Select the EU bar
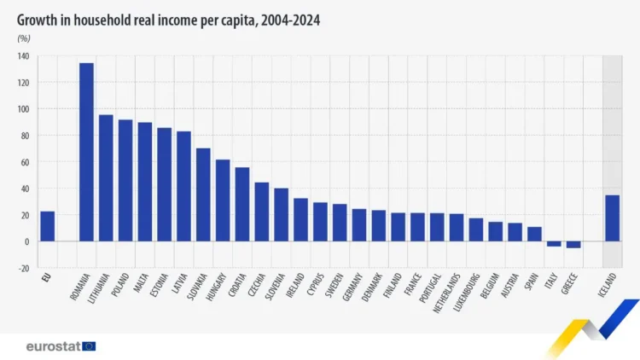(x=47, y=226)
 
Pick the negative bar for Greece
(x=573, y=245)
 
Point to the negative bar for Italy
(x=554, y=244)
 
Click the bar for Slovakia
(x=203, y=195)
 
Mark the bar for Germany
(x=359, y=225)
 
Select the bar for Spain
(x=534, y=234)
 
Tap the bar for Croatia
(x=242, y=204)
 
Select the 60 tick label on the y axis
(x=24, y=162)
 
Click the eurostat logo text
(x=53, y=346)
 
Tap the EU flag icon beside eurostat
(x=89, y=346)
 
